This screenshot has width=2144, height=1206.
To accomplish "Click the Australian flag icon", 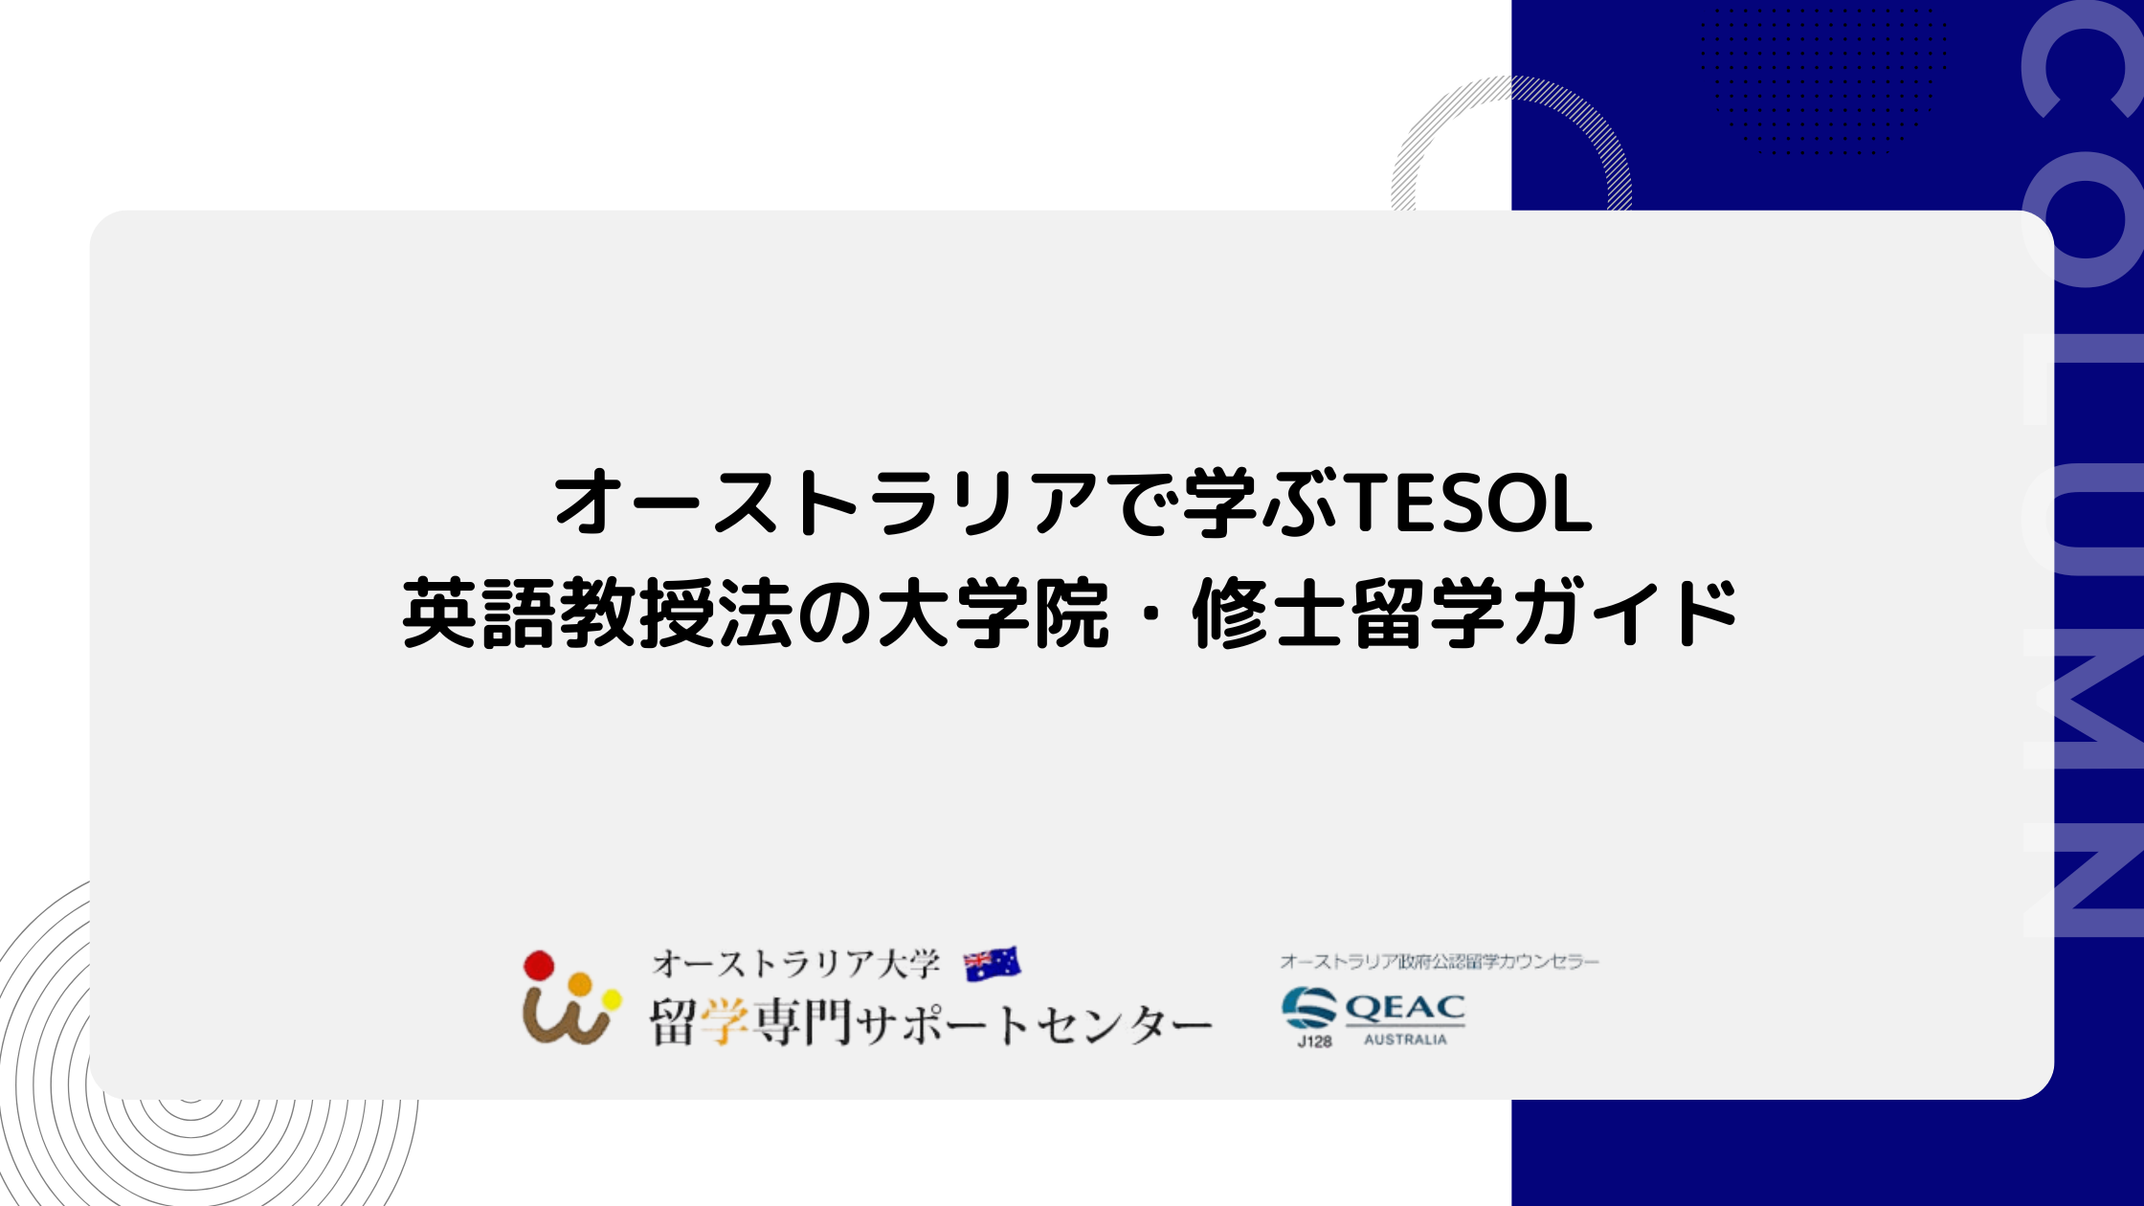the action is click(992, 964).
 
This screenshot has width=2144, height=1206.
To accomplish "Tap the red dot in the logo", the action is click(539, 966).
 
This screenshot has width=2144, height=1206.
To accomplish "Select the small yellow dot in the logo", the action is click(612, 1001).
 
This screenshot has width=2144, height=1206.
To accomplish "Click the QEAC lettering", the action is click(1405, 1008).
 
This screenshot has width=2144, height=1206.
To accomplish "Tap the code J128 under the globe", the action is click(1314, 1041).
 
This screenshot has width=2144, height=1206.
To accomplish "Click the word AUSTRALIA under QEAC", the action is click(1405, 1039).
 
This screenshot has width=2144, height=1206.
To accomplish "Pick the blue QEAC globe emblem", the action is click(1309, 1008).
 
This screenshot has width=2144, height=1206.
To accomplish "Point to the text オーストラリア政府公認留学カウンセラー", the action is click(1440, 961).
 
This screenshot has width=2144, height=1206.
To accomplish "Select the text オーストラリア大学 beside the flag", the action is click(796, 964).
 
